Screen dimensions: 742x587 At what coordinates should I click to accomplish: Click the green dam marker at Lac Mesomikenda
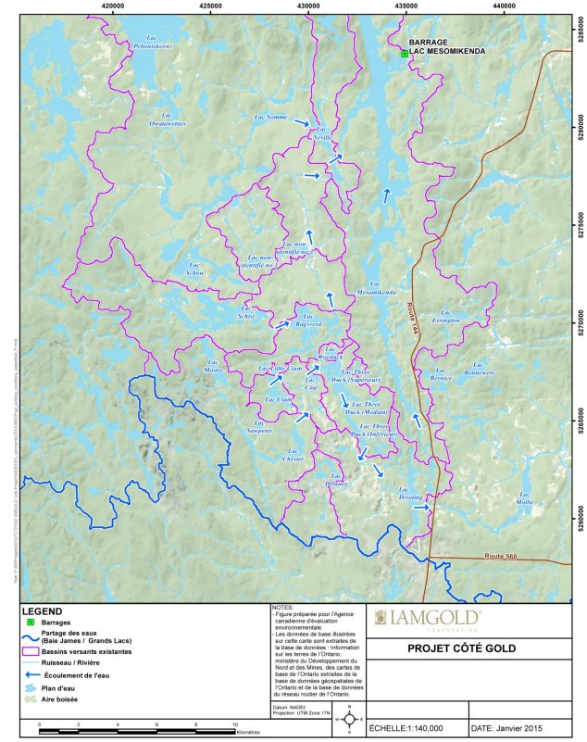tap(405, 54)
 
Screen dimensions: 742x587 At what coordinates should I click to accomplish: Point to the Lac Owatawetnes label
tap(169, 119)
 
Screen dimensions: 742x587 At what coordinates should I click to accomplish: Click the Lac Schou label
tap(195, 270)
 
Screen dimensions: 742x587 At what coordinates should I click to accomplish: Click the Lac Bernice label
tap(441, 375)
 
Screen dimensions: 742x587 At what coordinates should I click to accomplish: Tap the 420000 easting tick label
tap(113, 6)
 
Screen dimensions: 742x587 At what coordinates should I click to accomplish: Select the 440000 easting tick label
tap(504, 6)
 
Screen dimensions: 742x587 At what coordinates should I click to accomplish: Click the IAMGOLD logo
tap(428, 618)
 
